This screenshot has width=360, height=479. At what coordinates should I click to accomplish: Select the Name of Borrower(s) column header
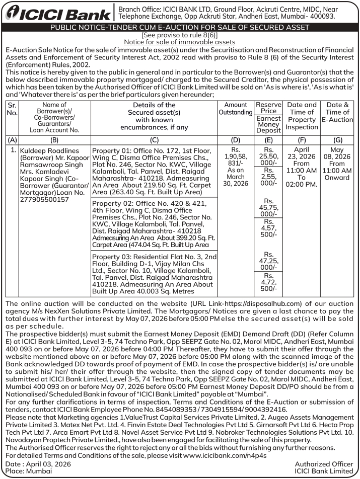tap(54, 116)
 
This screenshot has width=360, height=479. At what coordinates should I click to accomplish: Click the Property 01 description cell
tap(154, 171)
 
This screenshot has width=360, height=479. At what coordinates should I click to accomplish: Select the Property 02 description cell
tap(154, 223)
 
